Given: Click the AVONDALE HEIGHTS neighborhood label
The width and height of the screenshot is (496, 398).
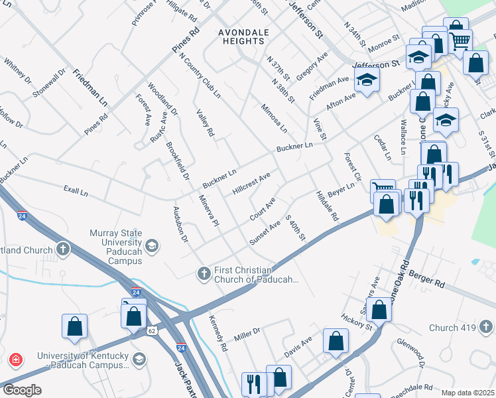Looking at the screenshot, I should (x=243, y=36).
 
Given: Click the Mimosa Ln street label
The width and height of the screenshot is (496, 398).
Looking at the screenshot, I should (x=274, y=117).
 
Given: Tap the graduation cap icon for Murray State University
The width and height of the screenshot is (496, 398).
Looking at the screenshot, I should (x=152, y=247).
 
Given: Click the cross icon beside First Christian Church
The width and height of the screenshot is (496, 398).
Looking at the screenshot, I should (x=205, y=272).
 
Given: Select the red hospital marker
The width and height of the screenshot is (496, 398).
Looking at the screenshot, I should (x=15, y=360).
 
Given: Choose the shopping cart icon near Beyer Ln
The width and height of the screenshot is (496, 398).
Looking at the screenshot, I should (x=381, y=189).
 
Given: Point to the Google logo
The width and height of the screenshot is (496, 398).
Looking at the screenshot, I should (x=22, y=390).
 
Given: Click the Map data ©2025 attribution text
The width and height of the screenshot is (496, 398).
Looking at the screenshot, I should (x=467, y=393).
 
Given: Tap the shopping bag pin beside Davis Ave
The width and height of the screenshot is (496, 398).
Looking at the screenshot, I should (x=336, y=341).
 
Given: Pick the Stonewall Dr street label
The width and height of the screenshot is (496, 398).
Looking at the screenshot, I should (x=49, y=82).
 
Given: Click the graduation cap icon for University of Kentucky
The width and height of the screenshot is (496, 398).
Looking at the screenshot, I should (x=139, y=360).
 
